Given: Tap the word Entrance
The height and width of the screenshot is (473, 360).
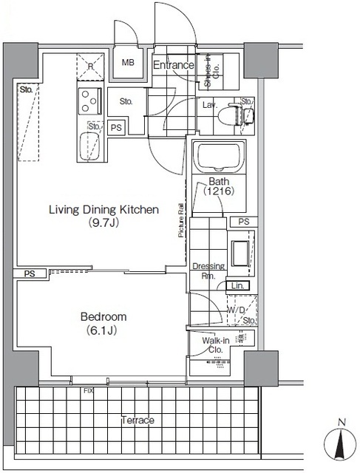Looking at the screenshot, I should [173, 65].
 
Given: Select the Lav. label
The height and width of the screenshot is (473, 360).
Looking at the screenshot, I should [210, 106].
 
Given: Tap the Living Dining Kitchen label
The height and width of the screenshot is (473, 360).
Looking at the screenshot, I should [103, 209].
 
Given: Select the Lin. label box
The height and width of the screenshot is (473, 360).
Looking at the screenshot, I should [237, 285].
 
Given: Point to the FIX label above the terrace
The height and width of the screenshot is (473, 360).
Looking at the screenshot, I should [88, 389].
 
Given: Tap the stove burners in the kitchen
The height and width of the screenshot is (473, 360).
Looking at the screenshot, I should [88, 99].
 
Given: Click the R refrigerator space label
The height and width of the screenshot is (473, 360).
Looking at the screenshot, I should [89, 65].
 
